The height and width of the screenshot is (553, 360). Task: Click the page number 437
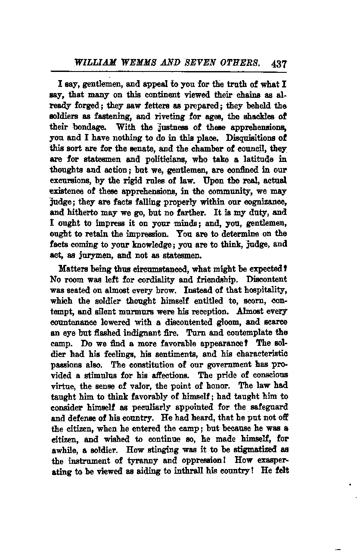[279, 63]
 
